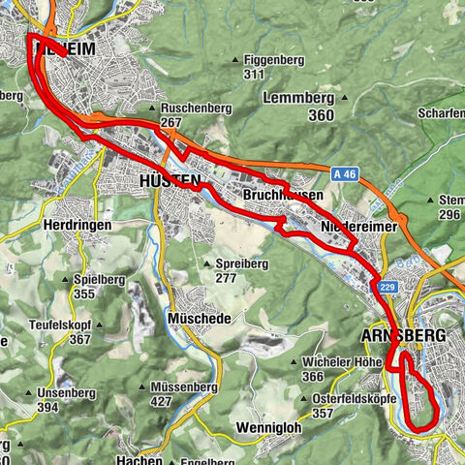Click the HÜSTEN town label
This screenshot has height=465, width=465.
click(170, 181)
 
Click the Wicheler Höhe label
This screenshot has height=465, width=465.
click(334, 362)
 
